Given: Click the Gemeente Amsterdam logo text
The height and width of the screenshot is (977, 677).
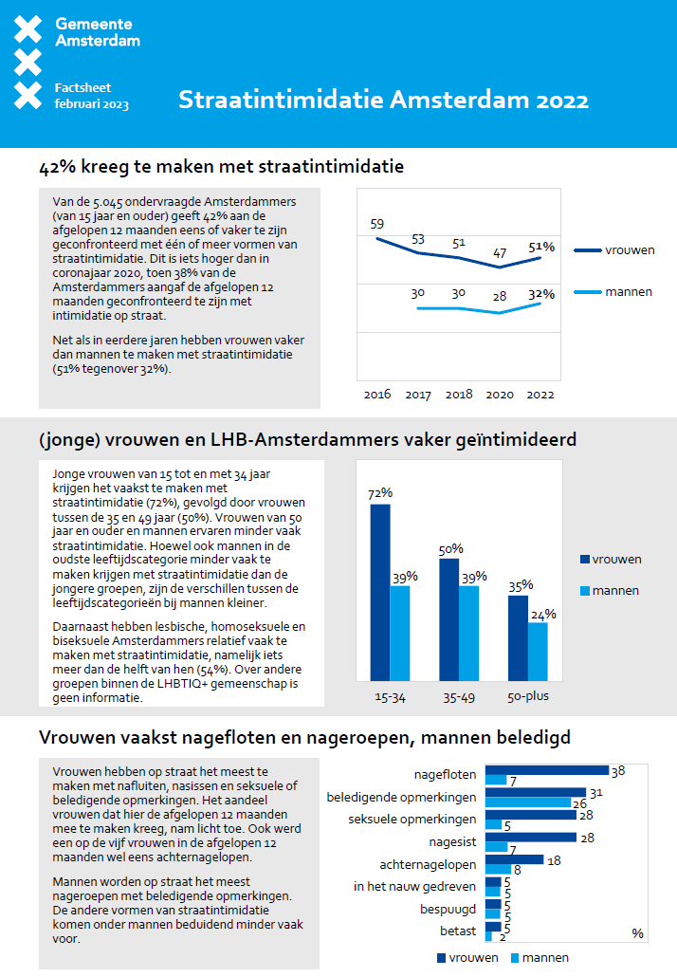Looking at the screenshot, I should [x=97, y=32].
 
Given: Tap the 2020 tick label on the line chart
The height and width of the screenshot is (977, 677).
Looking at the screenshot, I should [x=500, y=394].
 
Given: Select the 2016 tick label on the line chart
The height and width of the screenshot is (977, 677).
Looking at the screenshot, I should [x=377, y=394].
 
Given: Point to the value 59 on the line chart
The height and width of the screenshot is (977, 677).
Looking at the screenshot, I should [x=376, y=225].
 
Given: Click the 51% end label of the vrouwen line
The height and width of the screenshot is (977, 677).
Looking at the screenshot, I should [x=540, y=247].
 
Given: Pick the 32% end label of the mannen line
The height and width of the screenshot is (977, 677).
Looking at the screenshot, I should [x=540, y=294].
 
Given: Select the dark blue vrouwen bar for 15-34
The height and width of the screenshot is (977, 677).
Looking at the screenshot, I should [x=380, y=592].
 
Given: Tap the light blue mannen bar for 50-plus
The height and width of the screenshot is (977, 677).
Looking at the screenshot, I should [x=538, y=652].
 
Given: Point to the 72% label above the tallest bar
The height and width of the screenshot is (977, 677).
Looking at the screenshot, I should [x=380, y=493].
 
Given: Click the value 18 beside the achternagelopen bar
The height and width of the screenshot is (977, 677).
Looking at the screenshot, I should [x=554, y=859].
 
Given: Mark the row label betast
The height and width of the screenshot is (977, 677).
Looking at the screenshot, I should [x=458, y=931].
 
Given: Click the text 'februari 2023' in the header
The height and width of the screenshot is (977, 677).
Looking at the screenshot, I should [x=92, y=103].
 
